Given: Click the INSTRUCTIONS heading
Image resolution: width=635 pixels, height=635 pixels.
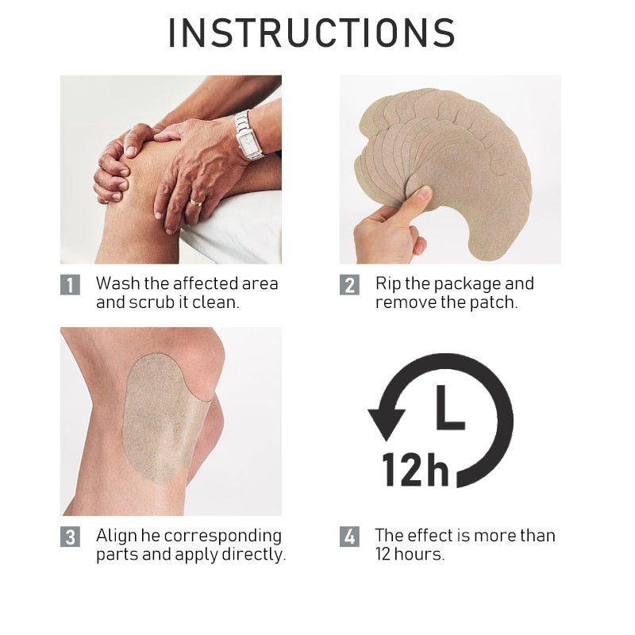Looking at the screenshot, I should [x=312, y=33].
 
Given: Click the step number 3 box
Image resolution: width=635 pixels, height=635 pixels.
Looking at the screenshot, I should [x=70, y=537].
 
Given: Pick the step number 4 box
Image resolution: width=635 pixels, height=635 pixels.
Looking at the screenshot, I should [x=349, y=537].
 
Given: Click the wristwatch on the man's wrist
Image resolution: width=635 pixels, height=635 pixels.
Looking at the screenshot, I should [x=248, y=135].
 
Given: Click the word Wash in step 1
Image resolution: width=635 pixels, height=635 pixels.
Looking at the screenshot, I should [x=117, y=283].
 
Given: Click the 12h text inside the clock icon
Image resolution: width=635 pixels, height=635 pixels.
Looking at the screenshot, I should [x=415, y=469].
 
